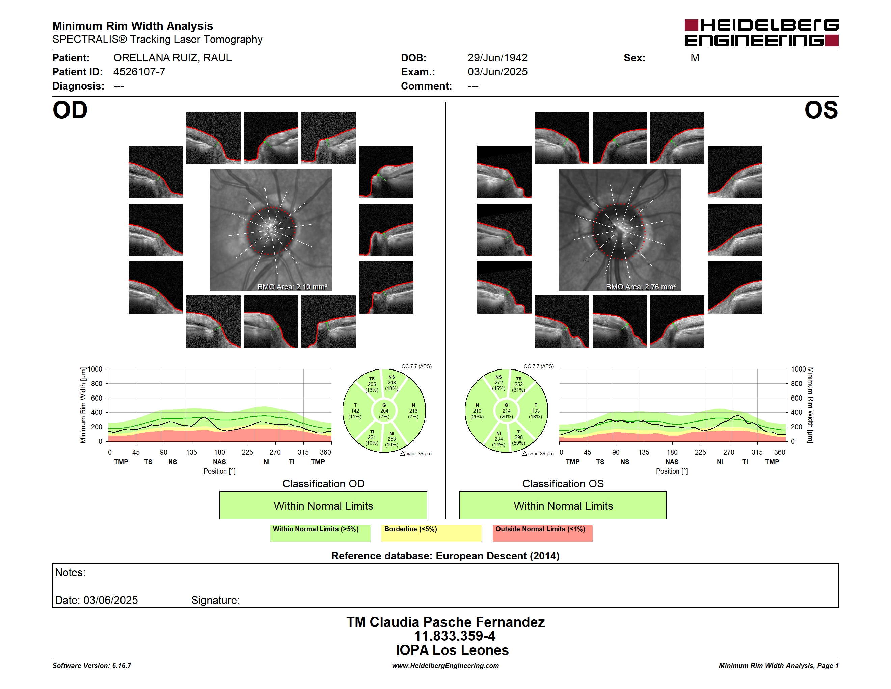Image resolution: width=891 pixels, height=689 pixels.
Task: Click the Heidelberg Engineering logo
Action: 761,33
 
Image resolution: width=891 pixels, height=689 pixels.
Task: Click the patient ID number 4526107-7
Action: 139,72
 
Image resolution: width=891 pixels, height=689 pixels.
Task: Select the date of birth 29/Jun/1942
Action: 497,58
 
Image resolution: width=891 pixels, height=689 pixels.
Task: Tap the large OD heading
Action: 70,110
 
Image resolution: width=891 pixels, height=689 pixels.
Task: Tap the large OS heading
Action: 821,110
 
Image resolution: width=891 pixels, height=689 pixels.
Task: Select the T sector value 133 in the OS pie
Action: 535,411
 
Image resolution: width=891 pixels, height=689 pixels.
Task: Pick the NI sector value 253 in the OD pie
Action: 391,439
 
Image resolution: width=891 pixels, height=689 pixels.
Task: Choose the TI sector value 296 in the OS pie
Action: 518,437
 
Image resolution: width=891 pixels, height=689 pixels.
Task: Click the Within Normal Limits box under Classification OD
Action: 323,505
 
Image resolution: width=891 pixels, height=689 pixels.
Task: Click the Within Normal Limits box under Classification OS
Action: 563,505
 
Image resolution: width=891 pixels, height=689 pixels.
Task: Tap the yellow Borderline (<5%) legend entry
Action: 432,533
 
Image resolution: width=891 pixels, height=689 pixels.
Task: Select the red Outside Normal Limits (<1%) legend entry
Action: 543,533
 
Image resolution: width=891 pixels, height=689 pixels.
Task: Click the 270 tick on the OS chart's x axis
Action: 729,452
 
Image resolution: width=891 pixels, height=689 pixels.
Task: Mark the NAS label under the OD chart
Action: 219,462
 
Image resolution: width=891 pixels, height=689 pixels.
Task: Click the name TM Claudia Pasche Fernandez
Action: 446,622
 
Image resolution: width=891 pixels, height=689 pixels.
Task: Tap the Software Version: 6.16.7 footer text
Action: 92,665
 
